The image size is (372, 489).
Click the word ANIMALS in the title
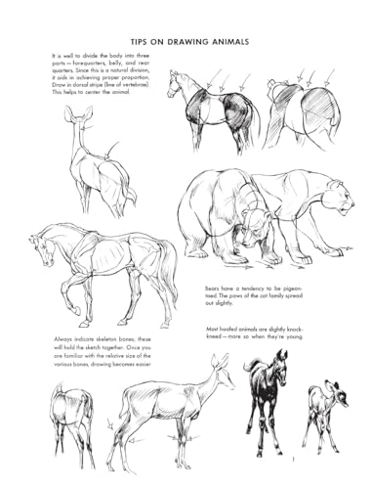click(220, 41)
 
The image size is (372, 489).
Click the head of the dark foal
click(280, 364)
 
